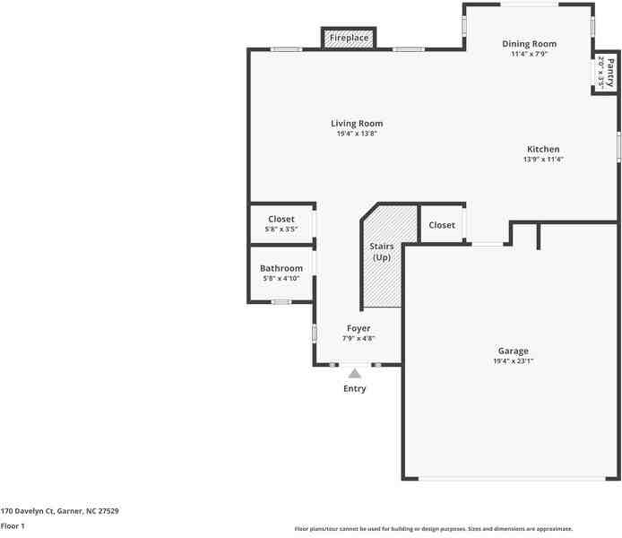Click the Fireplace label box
tap(349, 38)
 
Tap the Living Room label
tap(357, 124)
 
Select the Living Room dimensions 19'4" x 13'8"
tap(357, 134)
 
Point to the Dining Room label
tap(529, 44)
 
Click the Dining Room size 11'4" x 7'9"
tap(529, 54)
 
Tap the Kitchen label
tap(543, 150)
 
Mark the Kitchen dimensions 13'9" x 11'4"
tap(543, 160)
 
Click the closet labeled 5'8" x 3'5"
tap(281, 224)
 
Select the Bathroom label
tap(281, 268)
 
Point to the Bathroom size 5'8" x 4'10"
tap(281, 279)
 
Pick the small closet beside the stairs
tap(442, 225)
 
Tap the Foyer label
tap(359, 328)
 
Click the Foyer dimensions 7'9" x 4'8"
tap(359, 339)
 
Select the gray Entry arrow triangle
tap(355, 373)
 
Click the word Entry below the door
tap(355, 389)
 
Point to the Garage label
tap(514, 351)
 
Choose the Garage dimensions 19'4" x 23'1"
tap(514, 361)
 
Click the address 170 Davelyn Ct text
tap(60, 510)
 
